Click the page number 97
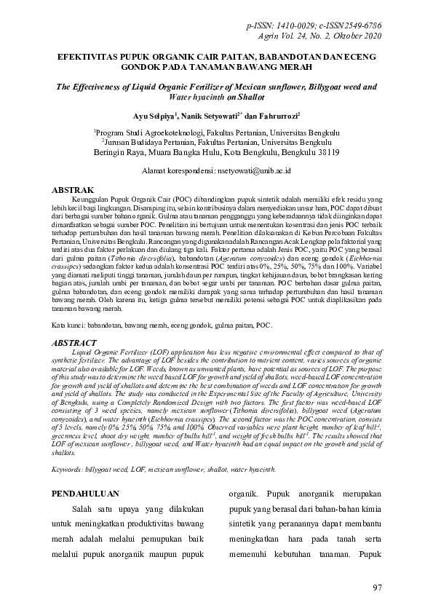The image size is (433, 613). pos(376,588)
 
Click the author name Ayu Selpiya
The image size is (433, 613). pos(154,116)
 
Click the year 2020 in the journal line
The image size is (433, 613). pos(370,36)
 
